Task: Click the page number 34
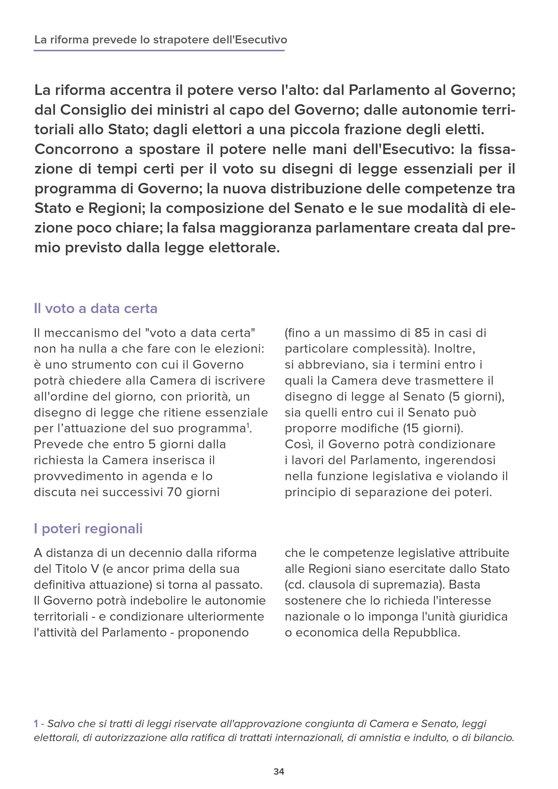279,771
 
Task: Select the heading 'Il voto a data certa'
96,309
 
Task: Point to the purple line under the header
159,51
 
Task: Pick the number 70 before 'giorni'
175,492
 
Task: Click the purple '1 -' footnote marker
39,724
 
